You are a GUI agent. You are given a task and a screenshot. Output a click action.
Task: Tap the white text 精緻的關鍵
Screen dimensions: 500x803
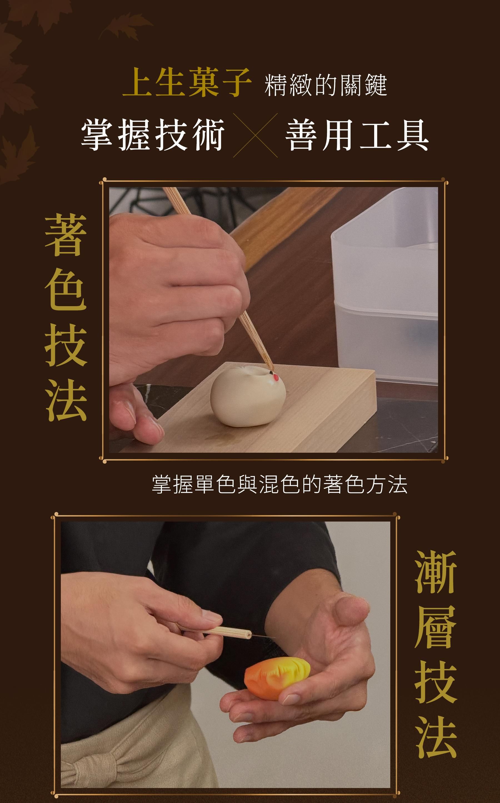[x=326, y=85]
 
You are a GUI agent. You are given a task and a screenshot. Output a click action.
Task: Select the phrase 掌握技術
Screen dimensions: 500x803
[x=153, y=135]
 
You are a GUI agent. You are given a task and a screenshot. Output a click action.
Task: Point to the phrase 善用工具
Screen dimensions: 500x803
[x=357, y=135]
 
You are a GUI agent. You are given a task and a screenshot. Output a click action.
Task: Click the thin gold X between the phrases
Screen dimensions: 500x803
[x=255, y=135]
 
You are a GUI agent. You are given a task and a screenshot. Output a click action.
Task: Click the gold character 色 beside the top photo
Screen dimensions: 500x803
[x=66, y=290]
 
